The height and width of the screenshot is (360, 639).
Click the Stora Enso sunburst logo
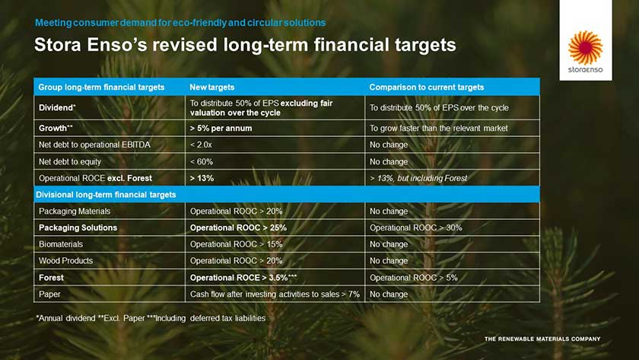coord(585,47)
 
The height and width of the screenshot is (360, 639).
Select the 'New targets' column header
coord(212,88)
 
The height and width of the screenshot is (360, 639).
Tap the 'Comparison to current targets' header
coord(427,88)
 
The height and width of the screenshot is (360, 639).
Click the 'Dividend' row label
coord(57,107)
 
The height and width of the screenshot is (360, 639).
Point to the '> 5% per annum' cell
coord(221,129)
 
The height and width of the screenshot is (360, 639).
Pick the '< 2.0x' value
coord(201,145)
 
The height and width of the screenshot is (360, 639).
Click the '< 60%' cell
coord(202,162)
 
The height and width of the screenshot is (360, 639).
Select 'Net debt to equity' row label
coord(70,162)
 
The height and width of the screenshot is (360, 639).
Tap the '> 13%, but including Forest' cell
coord(418,178)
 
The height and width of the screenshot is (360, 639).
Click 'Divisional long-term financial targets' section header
coord(106,195)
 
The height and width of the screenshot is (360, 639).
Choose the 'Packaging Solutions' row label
coord(78,228)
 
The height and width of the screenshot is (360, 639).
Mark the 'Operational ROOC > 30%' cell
coord(416,228)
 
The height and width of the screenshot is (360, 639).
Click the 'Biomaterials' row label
coord(61,244)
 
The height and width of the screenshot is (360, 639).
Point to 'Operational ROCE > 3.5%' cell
coord(243,278)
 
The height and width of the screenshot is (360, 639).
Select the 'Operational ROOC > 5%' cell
coord(414,278)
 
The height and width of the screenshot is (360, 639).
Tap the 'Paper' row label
coord(49,295)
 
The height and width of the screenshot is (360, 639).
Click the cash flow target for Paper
coord(275,295)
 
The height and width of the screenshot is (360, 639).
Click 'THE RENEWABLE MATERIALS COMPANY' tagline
coord(542,339)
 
